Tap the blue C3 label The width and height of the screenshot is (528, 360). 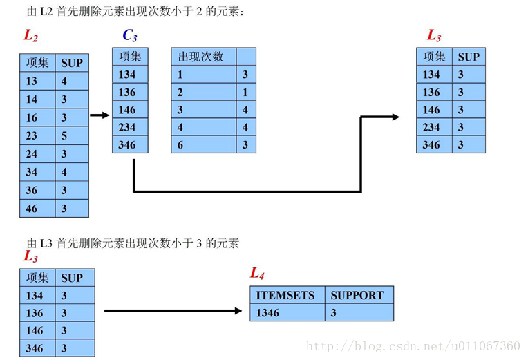130,35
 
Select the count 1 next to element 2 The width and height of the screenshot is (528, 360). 245,92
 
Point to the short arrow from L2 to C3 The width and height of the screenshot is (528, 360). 100,115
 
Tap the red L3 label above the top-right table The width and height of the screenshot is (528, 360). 434,35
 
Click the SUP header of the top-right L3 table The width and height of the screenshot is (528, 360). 468,57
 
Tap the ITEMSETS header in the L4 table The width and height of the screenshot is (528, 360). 285,295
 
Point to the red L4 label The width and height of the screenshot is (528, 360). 257,274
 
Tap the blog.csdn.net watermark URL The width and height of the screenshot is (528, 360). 413,346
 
